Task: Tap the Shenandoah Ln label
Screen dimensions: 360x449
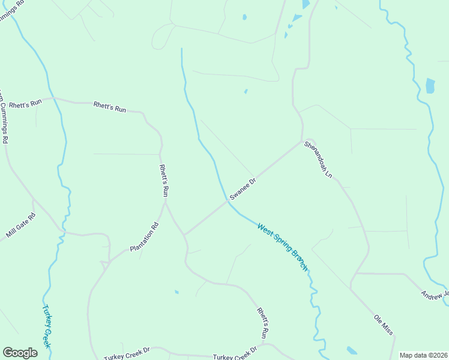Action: [318, 159]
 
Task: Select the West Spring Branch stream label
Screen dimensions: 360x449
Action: [282, 247]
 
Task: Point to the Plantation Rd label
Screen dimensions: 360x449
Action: [144, 237]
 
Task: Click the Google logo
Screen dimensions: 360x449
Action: [20, 353]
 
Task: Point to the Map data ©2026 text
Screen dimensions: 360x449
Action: [424, 355]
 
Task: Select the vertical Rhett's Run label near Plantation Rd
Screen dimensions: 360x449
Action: [163, 181]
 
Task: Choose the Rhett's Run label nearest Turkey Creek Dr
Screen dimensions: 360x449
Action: [262, 323]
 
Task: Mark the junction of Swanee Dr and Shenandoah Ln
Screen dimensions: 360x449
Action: [302, 142]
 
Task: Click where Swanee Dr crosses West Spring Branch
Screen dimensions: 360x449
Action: [228, 201]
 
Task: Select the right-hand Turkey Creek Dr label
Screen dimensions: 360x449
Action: [235, 355]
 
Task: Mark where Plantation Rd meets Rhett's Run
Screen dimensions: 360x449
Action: [165, 203]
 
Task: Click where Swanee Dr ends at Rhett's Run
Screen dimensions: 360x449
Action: [184, 234]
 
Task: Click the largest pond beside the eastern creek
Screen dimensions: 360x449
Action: [430, 86]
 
